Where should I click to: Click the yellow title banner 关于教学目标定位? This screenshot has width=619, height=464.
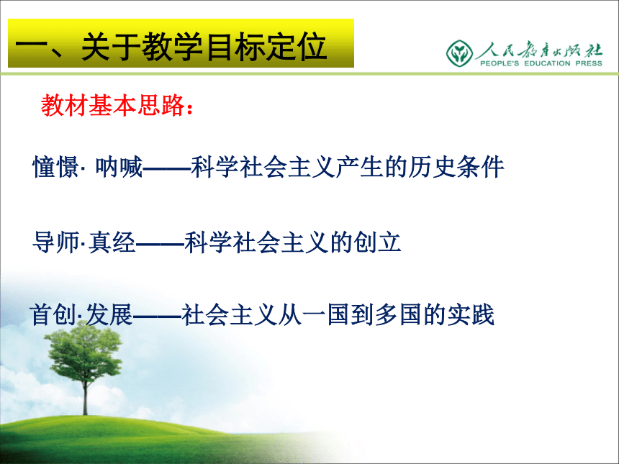181,43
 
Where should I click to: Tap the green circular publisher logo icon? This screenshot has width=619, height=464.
459,53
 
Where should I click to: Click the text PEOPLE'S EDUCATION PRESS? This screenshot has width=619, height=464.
541,63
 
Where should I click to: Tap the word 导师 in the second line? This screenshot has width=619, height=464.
55,242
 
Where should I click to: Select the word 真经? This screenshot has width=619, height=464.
112,242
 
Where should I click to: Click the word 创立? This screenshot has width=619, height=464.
377,242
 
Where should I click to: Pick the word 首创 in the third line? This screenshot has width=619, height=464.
53,315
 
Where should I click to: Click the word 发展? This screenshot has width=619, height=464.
109,315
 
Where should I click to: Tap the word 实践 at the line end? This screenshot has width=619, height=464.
471,315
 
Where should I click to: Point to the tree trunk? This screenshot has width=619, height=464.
85,394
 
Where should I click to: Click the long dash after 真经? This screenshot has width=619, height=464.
161,243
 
